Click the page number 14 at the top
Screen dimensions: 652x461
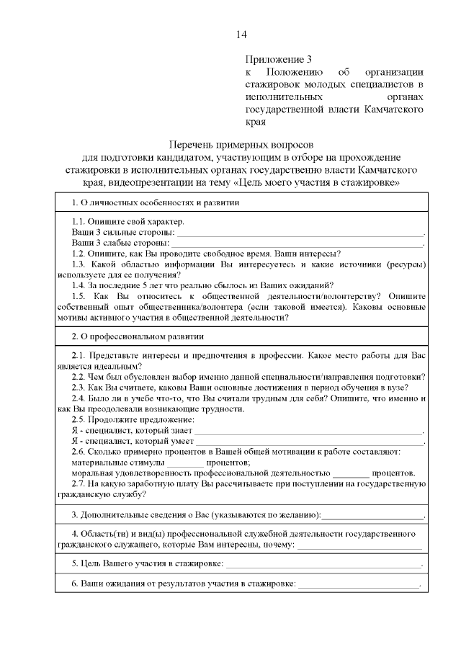point(241,35)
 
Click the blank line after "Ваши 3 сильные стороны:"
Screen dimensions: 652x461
point(300,235)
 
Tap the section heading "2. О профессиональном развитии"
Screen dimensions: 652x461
point(138,336)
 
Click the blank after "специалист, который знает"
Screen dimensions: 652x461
point(308,432)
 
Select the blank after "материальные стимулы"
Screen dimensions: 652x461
point(187,463)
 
